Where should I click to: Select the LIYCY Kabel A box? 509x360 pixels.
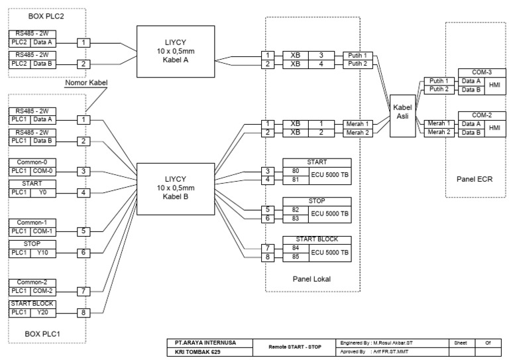point(170,52)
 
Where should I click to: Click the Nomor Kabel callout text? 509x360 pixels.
point(85,84)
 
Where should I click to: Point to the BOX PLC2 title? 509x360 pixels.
point(46,14)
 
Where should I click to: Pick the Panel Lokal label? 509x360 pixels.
point(311,279)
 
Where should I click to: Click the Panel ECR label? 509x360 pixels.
point(475,180)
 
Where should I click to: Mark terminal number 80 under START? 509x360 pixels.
point(295,170)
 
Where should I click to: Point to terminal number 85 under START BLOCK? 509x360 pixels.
point(295,255)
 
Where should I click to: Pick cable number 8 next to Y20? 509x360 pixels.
point(83,312)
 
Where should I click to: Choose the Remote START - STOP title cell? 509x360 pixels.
point(295,346)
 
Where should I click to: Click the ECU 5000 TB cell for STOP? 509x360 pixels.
point(330,213)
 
